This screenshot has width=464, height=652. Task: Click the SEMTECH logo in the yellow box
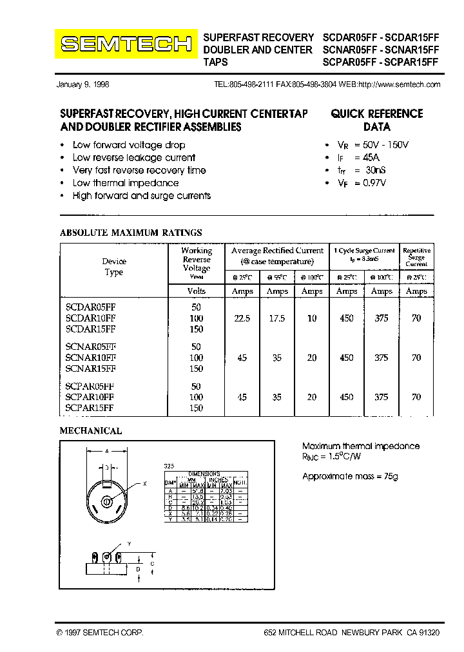pos(126,44)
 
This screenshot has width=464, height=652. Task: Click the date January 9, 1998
pos(83,84)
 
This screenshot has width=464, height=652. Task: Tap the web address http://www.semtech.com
pos(399,84)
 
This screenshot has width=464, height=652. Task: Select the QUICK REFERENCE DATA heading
pos(376,120)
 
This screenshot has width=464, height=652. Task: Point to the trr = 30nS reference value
pos(361,170)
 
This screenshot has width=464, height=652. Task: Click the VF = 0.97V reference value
pos(361,183)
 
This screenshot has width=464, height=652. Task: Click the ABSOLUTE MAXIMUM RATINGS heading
pos(131,233)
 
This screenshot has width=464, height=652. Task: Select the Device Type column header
pos(114,267)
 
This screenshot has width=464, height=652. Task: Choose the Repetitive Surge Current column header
pos(416,256)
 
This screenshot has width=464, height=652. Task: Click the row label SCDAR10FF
pos(90,319)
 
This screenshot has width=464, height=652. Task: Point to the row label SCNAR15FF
pos(90,369)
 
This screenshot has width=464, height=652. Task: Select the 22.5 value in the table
pos(242,319)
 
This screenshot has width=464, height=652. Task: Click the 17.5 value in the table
pos(277,319)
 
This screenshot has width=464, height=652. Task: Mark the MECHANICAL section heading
pos(91,430)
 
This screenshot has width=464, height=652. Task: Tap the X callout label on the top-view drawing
pos(145,483)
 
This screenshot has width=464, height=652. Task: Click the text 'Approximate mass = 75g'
pos(350,476)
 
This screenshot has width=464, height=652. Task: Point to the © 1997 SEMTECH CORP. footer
pos(100,633)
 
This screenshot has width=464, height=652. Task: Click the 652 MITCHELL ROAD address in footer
pos(352,633)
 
